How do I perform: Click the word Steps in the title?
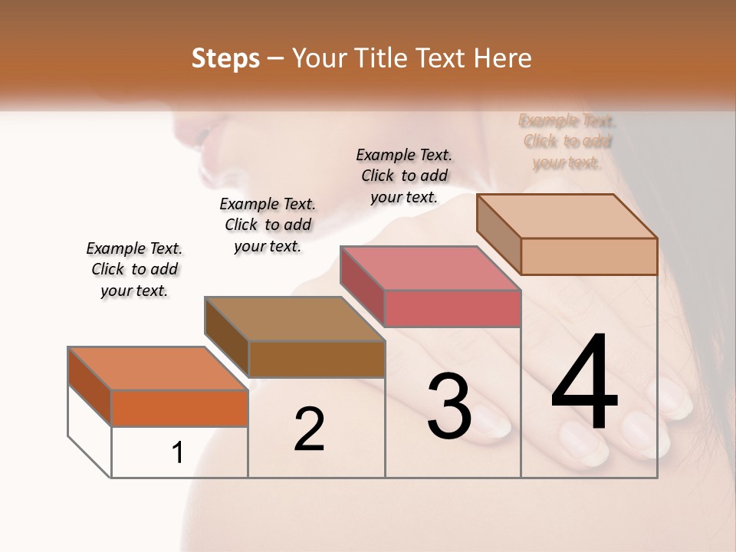coord(225,58)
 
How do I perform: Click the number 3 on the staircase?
coord(449,406)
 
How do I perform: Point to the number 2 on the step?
coord(309,429)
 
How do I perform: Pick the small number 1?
coord(178,452)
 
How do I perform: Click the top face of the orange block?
coord(157,369)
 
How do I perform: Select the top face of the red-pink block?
coord(430,268)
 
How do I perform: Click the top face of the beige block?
coord(567,216)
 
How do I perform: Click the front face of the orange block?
coord(179,408)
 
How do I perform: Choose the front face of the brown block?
coord(317,359)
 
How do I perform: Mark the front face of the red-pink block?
coord(452,308)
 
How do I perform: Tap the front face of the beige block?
coord(589,256)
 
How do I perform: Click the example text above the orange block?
coord(134,269)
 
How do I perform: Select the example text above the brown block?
coord(268,225)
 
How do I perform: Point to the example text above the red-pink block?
coord(404,176)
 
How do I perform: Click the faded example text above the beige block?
coord(567,141)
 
